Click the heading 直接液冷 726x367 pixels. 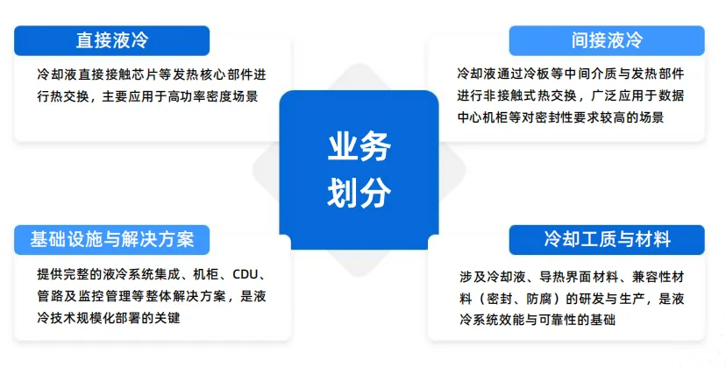point(111,40)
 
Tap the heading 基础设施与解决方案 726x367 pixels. point(111,239)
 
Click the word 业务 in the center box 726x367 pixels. point(359,148)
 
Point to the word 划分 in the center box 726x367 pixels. point(359,194)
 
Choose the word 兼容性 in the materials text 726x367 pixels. point(642,276)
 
